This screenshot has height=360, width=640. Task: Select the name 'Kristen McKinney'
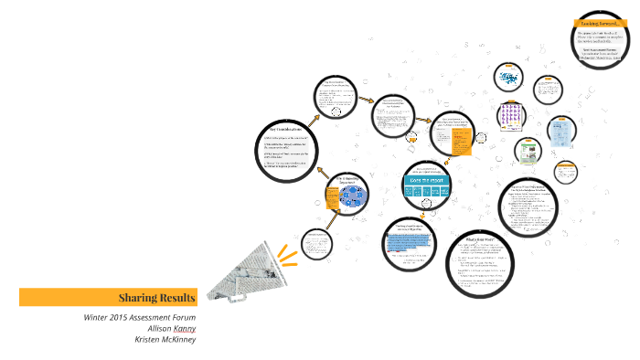click(165, 339)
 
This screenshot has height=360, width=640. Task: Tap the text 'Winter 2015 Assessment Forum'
click(139, 316)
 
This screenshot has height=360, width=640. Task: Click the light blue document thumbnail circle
click(561, 131)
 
